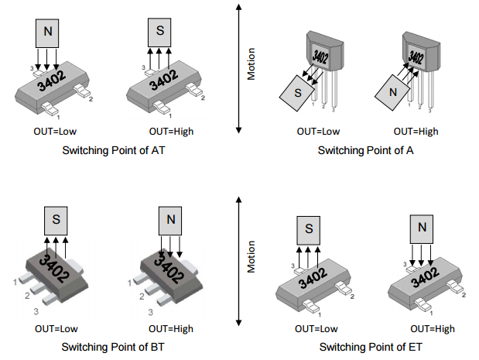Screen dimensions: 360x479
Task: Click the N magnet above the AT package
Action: coord(48,32)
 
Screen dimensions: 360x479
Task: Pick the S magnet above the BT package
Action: coord(56,220)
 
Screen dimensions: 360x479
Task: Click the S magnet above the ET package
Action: coord(309,229)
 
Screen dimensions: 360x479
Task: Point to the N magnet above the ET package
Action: coord(422,228)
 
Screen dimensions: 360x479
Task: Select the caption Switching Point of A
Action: coord(365,150)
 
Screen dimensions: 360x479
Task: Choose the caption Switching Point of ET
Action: coord(365,346)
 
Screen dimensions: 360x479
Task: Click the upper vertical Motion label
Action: coord(251,63)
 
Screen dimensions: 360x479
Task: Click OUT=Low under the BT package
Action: coord(56,327)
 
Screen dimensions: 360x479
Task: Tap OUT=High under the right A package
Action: coord(416,132)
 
